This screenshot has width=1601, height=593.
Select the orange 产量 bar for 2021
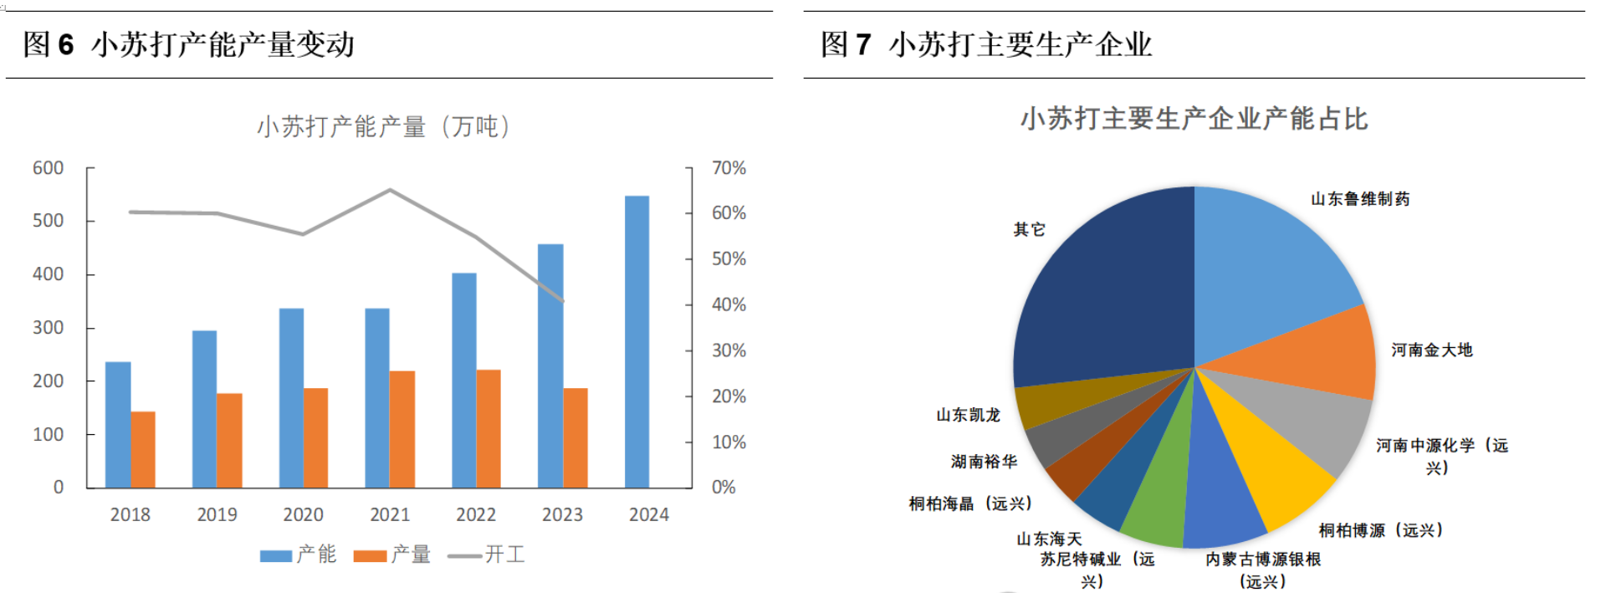402,429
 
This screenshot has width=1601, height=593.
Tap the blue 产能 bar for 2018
118,424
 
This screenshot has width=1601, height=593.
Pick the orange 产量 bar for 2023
575,437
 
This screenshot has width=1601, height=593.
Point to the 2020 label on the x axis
303,514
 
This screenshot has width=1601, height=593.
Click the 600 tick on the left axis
48,168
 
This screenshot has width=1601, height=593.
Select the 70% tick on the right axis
729,168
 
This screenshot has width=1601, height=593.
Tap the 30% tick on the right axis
729,350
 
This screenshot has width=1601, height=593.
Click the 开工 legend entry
487,555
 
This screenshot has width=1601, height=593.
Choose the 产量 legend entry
392,555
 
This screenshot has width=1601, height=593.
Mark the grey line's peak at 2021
390,190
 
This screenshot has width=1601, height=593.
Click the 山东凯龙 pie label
968,415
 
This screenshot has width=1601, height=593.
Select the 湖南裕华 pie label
984,462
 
